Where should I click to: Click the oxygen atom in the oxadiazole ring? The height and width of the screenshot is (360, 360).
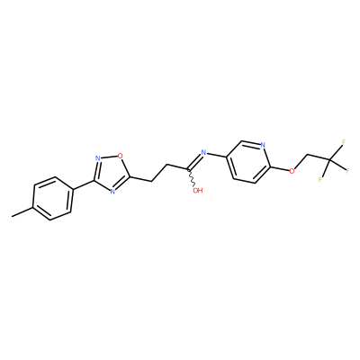click(x=121, y=156)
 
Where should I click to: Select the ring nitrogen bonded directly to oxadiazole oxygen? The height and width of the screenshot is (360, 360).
click(x=97, y=158)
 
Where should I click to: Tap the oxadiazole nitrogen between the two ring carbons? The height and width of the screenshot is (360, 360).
click(x=112, y=191)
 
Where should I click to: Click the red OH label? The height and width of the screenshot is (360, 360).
click(x=198, y=190)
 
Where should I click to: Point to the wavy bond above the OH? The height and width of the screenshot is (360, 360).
click(x=192, y=178)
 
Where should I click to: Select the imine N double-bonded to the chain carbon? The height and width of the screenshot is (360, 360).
click(x=204, y=153)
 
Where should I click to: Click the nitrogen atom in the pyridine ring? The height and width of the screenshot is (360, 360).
click(x=263, y=145)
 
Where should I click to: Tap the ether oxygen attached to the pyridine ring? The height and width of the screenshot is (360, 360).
click(x=292, y=171)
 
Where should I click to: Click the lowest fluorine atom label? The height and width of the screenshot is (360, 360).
click(x=320, y=180)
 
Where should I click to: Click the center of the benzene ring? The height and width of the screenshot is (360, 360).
click(x=53, y=199)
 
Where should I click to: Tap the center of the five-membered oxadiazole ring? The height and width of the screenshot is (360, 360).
click(x=112, y=174)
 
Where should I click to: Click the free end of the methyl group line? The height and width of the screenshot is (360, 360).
click(x=12, y=216)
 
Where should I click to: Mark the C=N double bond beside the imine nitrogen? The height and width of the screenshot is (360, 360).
click(x=194, y=162)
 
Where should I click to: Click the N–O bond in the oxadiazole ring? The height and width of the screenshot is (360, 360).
click(x=109, y=157)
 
